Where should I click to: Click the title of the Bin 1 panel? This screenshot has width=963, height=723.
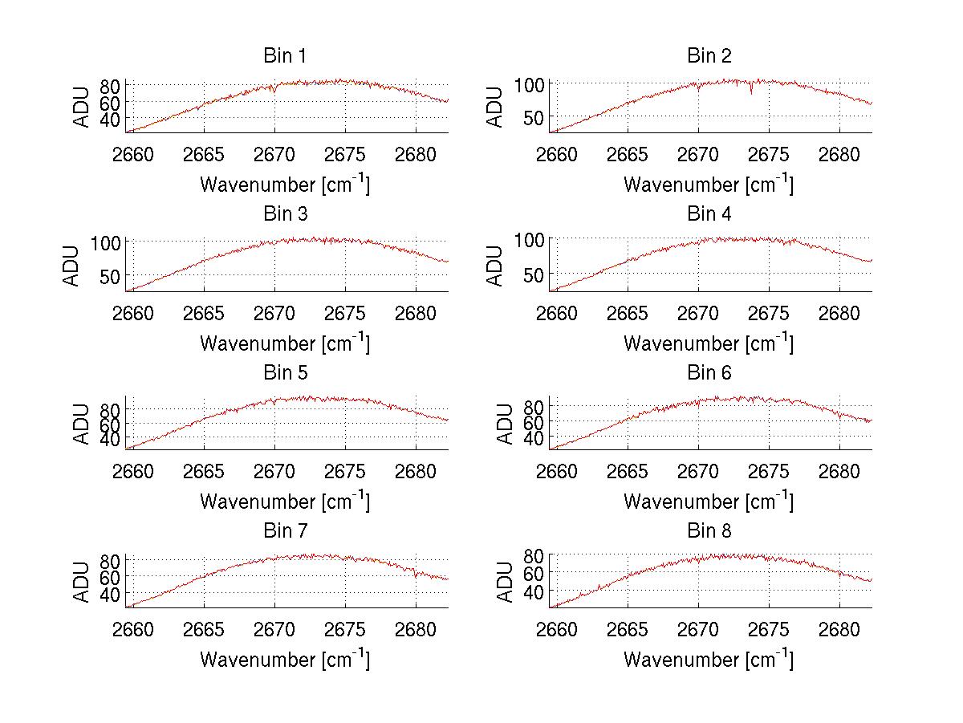coord(285,56)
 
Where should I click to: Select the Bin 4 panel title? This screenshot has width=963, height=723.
coord(709,214)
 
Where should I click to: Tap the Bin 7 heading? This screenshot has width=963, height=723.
coord(285,531)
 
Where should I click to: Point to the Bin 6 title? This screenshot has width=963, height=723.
coord(709,373)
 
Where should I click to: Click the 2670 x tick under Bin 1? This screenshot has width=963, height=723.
coord(274,155)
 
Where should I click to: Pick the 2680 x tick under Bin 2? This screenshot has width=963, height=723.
coord(839,155)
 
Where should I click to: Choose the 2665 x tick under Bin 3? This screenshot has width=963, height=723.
coord(204,313)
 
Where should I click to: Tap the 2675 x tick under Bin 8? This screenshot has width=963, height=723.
coord(769,630)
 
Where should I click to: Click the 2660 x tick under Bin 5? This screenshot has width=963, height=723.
coord(133,471)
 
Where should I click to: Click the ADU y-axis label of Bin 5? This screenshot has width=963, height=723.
coord(81,423)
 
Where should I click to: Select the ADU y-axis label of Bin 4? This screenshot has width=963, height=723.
coord(495,266)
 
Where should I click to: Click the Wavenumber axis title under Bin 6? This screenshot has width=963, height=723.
coord(709,502)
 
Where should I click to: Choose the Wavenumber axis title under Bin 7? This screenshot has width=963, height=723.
coord(285,660)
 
